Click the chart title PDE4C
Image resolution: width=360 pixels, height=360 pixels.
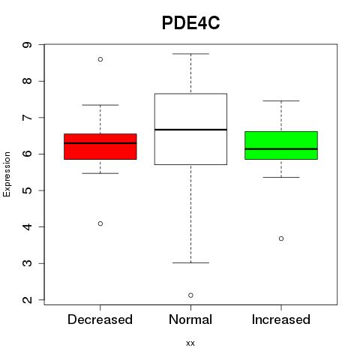pos(190,23)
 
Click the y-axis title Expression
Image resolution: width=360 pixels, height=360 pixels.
pos(7,174)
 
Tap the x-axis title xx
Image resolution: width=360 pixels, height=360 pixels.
pos(190,343)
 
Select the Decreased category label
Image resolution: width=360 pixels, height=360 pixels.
pos(100,319)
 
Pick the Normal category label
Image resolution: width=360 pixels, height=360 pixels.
pos(190,319)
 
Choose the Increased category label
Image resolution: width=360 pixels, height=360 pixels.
pos(281,319)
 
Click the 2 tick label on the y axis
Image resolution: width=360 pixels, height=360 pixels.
pos(28,300)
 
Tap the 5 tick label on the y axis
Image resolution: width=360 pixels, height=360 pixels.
pos(28,190)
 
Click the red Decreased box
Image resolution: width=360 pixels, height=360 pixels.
pos(100,146)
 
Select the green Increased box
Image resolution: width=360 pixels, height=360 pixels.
pos(281,145)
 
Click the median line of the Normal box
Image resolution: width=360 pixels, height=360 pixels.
pos(190,130)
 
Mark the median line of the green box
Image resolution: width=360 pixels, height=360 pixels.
pos(281,148)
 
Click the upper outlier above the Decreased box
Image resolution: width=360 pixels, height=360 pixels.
pos(100,59)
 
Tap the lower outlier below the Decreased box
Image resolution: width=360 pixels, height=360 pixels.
pos(100,223)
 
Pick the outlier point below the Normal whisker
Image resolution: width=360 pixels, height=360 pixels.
pos(190,295)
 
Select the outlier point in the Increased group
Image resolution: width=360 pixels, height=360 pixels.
pos(281,238)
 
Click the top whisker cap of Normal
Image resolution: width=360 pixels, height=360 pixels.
pos(190,54)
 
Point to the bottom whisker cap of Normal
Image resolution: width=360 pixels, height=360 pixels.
pos(190,262)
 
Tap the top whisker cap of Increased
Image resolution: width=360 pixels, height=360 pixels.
pos(281,100)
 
